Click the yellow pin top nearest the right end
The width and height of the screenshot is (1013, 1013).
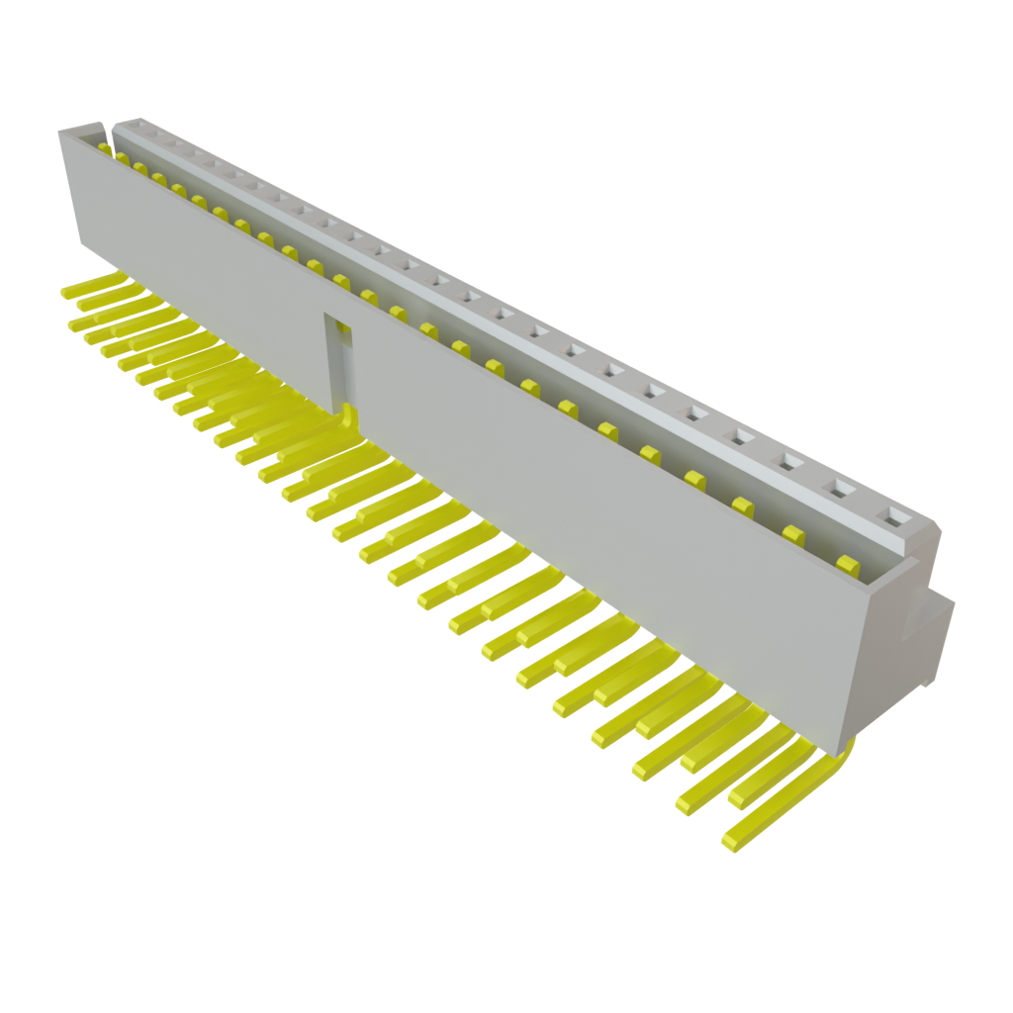(x=847, y=564)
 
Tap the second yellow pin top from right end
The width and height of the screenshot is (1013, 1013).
(x=792, y=533)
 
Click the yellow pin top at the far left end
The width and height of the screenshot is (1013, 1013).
(x=105, y=147)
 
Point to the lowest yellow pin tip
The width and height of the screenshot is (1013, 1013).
(x=733, y=842)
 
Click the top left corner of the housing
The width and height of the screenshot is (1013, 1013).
(x=61, y=133)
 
